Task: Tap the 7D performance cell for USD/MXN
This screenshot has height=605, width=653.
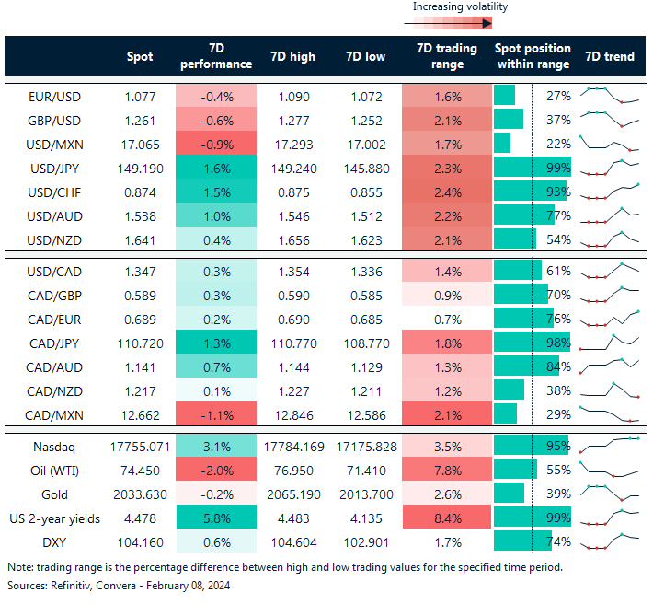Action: (215, 144)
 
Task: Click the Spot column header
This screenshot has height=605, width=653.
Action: (140, 56)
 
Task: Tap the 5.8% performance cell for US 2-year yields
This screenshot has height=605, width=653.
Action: (215, 519)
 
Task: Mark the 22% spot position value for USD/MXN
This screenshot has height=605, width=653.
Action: (558, 144)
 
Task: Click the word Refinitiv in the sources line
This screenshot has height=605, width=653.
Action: (72, 586)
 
